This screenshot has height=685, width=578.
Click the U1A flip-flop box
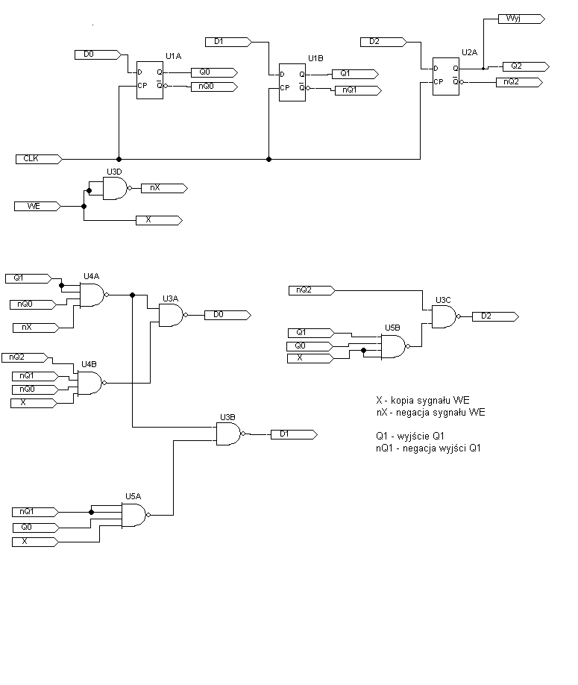pyautogui.click(x=150, y=80)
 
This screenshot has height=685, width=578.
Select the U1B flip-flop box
pyautogui.click(x=292, y=82)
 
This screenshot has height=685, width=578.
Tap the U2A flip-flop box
pyautogui.click(x=446, y=76)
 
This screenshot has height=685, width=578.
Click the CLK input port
pyautogui.click(x=39, y=159)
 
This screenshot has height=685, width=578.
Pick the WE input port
pyautogui.click(x=37, y=206)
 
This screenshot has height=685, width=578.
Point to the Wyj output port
pyautogui.click(x=521, y=19)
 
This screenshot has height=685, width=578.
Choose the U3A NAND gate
pyautogui.click(x=173, y=315)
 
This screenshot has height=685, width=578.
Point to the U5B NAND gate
pyautogui.click(x=395, y=346)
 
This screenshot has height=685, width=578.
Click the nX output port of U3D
pyautogui.click(x=165, y=188)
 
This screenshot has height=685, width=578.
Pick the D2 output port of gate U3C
pyautogui.click(x=495, y=316)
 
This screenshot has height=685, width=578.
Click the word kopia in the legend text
pyautogui.click(x=403, y=401)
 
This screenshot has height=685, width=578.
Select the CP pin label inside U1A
pyautogui.click(x=142, y=86)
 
